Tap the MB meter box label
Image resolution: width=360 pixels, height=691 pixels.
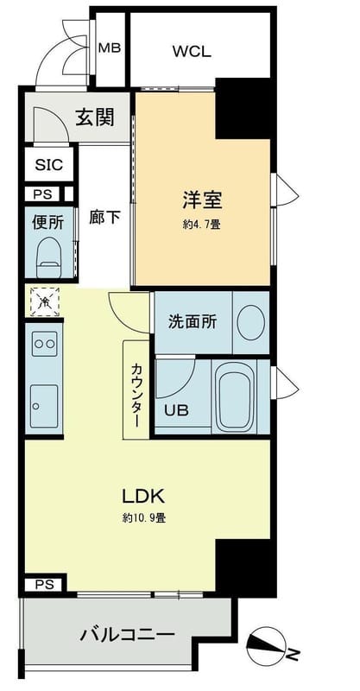(110, 48)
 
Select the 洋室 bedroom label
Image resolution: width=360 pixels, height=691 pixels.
(202, 200)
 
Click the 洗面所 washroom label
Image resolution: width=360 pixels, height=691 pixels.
(192, 321)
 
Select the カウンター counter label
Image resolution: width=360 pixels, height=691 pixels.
(136, 390)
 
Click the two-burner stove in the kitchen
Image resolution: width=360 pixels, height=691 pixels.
(44, 345)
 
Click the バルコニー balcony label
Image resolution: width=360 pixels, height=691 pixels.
(127, 635)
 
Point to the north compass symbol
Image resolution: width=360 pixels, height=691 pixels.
(268, 643)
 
